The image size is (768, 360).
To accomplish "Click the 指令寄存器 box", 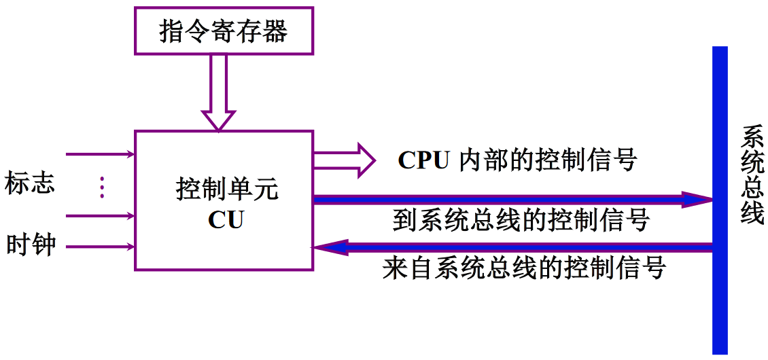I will pyautogui.click(x=224, y=31).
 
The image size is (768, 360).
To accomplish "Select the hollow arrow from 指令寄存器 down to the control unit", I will pyautogui.click(x=217, y=92).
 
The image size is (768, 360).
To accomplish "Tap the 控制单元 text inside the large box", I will pyautogui.click(x=226, y=190).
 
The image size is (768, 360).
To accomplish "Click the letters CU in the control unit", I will pyautogui.click(x=226, y=220).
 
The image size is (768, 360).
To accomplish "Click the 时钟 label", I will pyautogui.click(x=31, y=245).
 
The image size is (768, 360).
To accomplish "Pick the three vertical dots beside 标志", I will pyautogui.click(x=102, y=187).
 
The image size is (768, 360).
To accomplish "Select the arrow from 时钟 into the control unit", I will pyautogui.click(x=102, y=247).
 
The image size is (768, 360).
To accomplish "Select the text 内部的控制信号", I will pyautogui.click(x=548, y=160).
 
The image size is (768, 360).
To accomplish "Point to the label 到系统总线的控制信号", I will pyautogui.click(x=521, y=220).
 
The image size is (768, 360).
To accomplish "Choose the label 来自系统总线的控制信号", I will pyautogui.click(x=524, y=268).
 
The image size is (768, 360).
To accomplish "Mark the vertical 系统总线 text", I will pyautogui.click(x=752, y=175).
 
